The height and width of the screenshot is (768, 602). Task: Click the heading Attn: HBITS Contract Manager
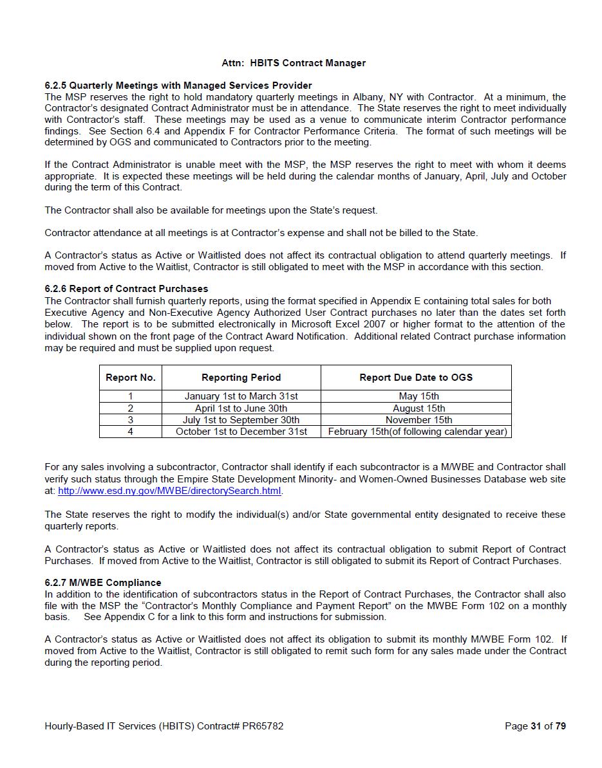tap(293, 63)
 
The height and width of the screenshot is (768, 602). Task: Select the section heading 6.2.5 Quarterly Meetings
tap(178, 86)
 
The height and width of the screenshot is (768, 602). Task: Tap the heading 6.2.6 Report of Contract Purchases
tap(126, 289)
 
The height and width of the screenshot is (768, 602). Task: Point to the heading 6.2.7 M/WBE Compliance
tap(102, 583)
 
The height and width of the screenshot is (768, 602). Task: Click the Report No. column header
tap(131, 378)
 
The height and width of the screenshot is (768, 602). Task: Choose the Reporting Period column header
tap(241, 378)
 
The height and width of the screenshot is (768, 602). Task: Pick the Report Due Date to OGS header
tap(415, 378)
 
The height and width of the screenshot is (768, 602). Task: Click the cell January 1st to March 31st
tap(241, 396)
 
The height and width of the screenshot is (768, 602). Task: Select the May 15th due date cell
tap(419, 396)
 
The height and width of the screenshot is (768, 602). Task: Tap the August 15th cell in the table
tap(419, 408)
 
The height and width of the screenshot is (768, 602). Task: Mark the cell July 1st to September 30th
tap(241, 420)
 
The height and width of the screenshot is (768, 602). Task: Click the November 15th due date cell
tap(419, 420)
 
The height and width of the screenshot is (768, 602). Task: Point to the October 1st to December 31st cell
tap(241, 432)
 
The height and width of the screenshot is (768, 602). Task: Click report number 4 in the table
tap(131, 432)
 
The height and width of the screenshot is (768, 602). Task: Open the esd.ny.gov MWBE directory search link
tap(169, 491)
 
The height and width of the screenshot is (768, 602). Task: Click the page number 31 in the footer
tap(536, 726)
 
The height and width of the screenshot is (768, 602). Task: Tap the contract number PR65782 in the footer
tap(262, 726)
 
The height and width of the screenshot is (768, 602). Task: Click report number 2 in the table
tap(131, 408)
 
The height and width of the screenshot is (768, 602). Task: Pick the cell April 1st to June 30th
tap(241, 408)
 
